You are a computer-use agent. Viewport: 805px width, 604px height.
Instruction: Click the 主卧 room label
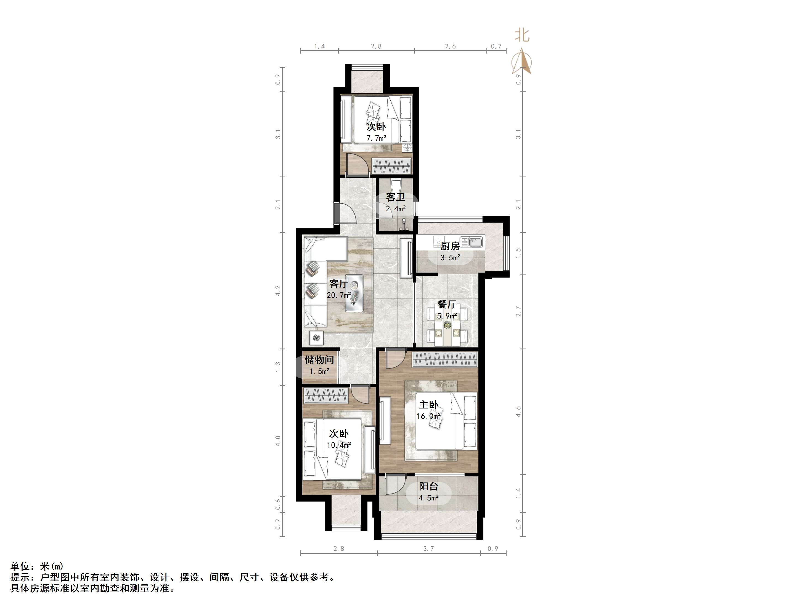[428, 405]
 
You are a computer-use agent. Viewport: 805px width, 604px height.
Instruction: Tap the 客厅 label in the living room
[338, 283]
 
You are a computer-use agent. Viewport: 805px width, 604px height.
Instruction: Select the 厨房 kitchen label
[450, 246]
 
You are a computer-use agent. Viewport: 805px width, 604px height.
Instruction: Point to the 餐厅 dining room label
[447, 304]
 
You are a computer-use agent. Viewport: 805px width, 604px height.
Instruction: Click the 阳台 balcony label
[428, 486]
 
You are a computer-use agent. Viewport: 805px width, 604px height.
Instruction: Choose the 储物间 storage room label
[319, 360]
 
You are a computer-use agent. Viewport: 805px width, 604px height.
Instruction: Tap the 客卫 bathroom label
[396, 197]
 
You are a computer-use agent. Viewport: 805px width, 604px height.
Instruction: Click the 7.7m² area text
[376, 138]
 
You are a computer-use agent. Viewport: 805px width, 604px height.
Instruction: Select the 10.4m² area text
[339, 445]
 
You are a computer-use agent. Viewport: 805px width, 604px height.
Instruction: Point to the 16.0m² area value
[429, 416]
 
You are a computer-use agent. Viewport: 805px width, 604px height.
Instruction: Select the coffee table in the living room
[354, 293]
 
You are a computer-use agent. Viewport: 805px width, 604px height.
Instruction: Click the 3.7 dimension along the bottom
[428, 548]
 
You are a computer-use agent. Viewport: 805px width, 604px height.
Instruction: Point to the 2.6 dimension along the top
[450, 46]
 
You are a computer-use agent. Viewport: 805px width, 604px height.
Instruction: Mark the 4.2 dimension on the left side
[278, 291]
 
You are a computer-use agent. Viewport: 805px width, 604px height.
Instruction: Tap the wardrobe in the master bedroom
[445, 359]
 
